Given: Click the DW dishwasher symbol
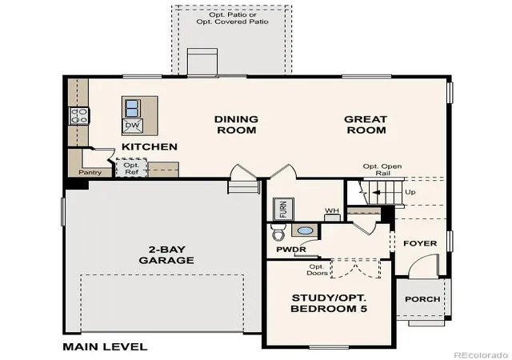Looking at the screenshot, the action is (132, 126).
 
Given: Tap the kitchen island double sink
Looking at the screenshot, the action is (132, 109).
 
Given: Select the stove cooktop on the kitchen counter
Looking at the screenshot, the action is (79, 116).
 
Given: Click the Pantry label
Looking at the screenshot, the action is (90, 173).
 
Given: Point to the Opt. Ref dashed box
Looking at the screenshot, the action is (131, 168).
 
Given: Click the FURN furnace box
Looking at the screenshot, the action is (283, 209).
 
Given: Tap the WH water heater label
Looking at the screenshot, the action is (332, 210).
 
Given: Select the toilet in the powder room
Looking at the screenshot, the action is (278, 232).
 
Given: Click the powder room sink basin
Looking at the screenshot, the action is (305, 230).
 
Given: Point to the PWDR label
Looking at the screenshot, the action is (291, 250).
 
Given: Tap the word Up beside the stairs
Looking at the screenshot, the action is (410, 192).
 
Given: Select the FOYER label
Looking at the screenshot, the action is (420, 243).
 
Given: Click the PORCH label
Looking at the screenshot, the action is (422, 299).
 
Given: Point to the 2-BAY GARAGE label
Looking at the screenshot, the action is (166, 255).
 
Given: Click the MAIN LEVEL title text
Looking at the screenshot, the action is (105, 346).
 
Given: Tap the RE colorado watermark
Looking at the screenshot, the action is (482, 355).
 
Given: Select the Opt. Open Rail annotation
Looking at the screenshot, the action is (382, 170).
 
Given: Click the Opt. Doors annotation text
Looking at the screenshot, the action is (317, 270).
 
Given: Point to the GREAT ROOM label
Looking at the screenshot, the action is (366, 125).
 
